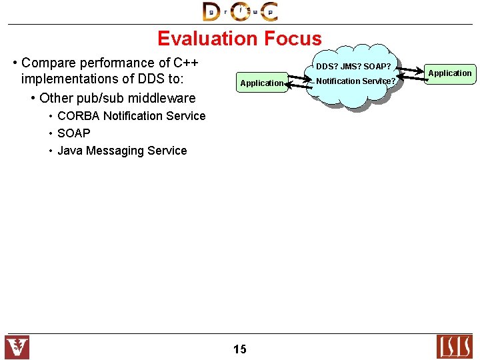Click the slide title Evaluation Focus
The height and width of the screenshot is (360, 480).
click(x=239, y=39)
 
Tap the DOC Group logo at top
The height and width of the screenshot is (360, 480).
click(x=240, y=11)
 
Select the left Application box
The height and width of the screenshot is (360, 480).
click(x=261, y=83)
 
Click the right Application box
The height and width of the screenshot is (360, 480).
click(x=450, y=73)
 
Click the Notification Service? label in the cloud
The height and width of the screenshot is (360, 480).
click(x=355, y=81)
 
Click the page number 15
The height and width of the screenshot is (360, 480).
click(x=240, y=349)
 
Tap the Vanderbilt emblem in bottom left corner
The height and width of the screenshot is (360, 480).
click(x=17, y=347)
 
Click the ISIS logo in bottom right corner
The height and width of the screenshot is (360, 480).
click(x=453, y=347)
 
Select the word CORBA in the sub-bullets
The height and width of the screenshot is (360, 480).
click(x=79, y=116)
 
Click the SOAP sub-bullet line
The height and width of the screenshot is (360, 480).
click(x=73, y=133)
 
